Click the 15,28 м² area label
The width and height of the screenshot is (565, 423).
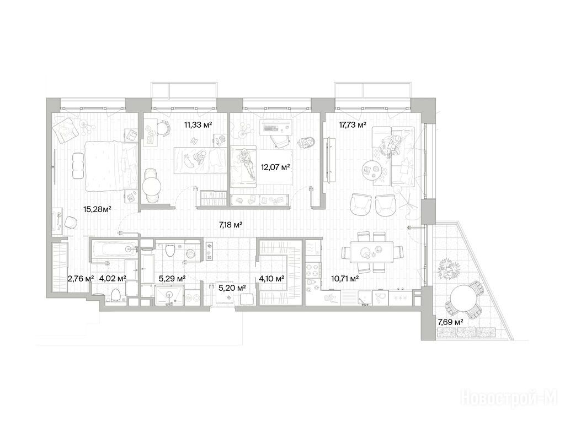click(x=97, y=209)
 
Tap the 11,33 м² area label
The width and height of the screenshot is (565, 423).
click(x=198, y=125)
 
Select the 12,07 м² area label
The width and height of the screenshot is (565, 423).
click(x=275, y=167)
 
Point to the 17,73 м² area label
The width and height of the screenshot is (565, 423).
click(x=353, y=125)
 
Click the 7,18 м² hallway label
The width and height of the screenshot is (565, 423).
click(x=231, y=225)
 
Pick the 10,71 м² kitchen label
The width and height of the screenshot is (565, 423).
click(x=344, y=278)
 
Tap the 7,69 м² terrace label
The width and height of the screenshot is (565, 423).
click(x=450, y=322)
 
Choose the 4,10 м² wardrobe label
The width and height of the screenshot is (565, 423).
click(x=271, y=278)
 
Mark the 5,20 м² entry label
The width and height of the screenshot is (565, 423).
click(x=232, y=288)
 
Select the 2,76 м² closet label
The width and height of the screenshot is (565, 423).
click(x=81, y=278)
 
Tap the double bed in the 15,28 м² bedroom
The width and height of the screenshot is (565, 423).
click(x=111, y=166)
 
